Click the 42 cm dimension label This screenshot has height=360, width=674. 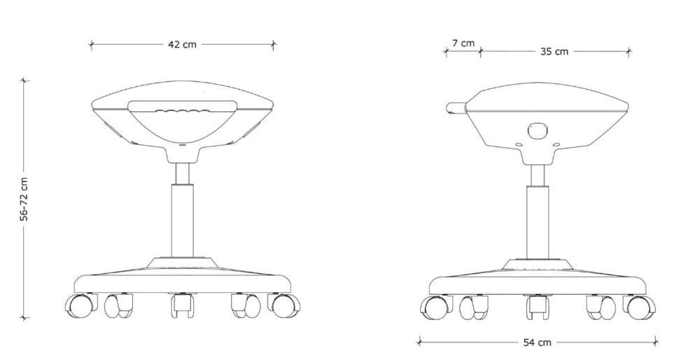tap(182, 44)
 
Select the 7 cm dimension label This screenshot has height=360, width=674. tap(463, 43)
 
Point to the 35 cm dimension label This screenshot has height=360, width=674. tap(554, 52)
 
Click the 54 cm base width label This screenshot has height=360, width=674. tap(537, 342)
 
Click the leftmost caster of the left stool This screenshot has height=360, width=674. tap(80, 305)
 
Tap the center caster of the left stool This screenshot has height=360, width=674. tap(182, 305)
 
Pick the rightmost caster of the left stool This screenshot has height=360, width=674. tap(283, 305)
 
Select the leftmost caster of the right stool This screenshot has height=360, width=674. tap(435, 307)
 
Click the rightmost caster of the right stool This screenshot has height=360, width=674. tap(639, 307)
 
